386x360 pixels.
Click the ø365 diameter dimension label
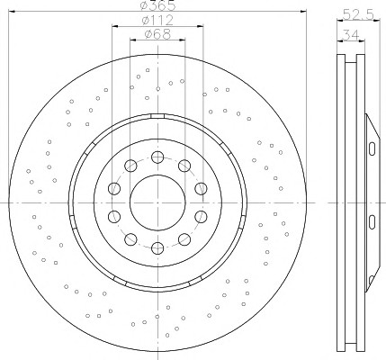coord(157,5)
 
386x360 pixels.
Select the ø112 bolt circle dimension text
coord(157,21)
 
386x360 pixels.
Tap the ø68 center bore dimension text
coord(157,34)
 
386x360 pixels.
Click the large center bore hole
coord(157,202)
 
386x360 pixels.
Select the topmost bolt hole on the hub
coord(157,157)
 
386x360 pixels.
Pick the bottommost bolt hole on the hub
coord(157,248)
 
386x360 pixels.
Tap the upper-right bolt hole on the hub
coord(184,166)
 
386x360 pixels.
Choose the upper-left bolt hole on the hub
coord(130,166)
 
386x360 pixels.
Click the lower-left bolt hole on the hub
coord(130,239)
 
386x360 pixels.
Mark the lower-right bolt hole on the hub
coord(184,239)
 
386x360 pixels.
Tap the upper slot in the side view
coord(372,148)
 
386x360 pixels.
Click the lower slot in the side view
coord(372,222)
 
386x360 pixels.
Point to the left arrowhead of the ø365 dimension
coord(12,12)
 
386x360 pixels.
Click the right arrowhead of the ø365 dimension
coord(303,12)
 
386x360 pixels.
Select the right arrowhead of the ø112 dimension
coord(200,26)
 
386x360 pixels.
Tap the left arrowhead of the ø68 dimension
coord(133,40)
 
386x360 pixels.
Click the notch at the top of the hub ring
coord(157,116)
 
